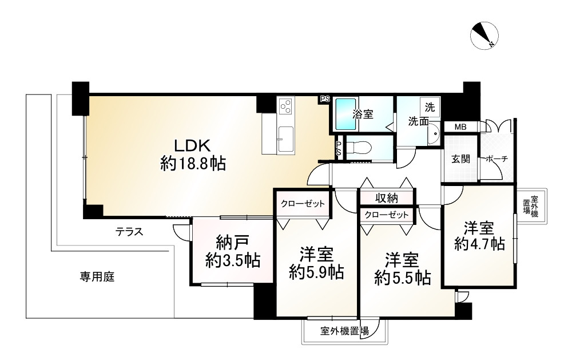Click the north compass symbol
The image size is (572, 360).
point(485,35)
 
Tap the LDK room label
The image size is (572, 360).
point(185,145)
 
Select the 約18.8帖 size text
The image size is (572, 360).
point(193,165)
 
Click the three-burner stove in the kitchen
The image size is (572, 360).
point(285,106)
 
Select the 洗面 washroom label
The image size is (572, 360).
point(418,121)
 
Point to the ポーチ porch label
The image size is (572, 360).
point(496,159)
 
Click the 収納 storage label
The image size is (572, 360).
point(387,198)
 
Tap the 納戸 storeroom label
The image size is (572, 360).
point(232,242)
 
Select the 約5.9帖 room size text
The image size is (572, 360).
point(316,273)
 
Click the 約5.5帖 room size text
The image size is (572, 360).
point(402,278)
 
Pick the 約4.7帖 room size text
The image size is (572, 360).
point(479,244)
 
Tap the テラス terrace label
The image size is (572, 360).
point(129,232)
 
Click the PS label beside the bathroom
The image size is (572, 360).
point(325,99)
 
